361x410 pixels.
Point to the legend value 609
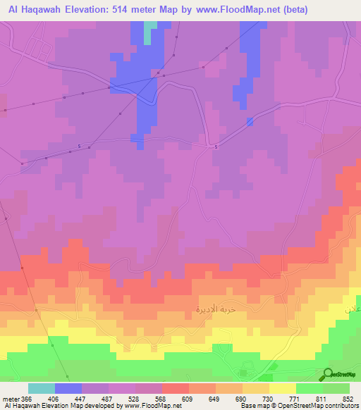point(188,399)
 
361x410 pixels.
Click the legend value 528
point(135,399)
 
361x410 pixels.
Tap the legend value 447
point(81,399)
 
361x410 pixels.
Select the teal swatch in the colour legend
point(41,388)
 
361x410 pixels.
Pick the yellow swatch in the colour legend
point(282,388)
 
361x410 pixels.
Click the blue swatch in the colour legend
point(68,388)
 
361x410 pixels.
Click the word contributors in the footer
point(341,406)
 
